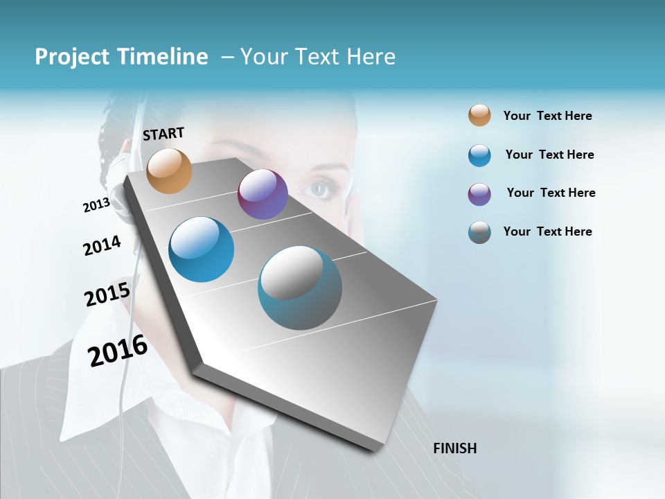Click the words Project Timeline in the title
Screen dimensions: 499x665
coord(121,57)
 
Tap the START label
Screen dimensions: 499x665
coord(163,134)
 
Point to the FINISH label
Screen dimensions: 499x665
coord(455,448)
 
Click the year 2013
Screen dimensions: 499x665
coord(96,205)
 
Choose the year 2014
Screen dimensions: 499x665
coord(102,245)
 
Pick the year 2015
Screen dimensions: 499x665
coord(107,295)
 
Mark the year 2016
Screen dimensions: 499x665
coord(118,350)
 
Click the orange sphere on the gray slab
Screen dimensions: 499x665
coord(170,170)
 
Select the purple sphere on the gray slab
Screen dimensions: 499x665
coord(263,194)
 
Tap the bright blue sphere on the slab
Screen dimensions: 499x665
coord(202,249)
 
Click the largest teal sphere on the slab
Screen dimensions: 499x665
coord(300,288)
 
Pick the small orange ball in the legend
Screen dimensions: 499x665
coord(479,115)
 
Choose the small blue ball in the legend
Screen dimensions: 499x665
coord(479,155)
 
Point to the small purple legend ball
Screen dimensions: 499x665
coord(479,194)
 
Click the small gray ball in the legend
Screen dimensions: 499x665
coord(479,232)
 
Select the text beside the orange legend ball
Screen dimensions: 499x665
coord(547,116)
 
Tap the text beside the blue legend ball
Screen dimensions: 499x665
coord(549,155)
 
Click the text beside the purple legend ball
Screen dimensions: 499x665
coord(551,193)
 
